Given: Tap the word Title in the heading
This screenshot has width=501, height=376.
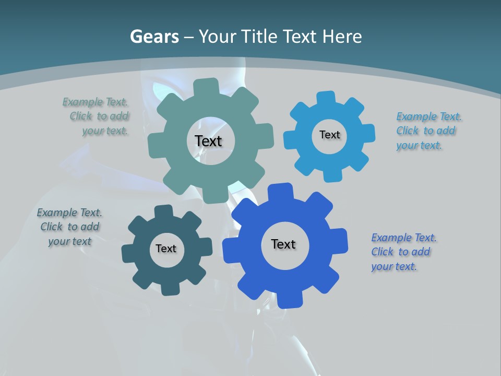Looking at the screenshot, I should [x=260, y=37].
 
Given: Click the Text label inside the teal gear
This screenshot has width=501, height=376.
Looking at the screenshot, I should [x=208, y=141].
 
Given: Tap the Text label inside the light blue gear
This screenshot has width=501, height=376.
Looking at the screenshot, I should [x=329, y=135].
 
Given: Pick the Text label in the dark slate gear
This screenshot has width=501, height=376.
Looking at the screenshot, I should [x=166, y=249].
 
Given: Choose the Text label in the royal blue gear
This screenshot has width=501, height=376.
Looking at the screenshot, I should [x=283, y=244].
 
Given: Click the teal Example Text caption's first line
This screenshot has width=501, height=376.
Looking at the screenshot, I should [x=95, y=102].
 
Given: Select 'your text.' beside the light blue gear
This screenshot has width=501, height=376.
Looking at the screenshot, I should [x=419, y=145].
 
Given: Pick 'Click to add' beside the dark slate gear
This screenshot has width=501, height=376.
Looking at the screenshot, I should [x=70, y=227].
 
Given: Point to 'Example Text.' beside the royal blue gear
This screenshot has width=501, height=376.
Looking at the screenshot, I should [x=404, y=238].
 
